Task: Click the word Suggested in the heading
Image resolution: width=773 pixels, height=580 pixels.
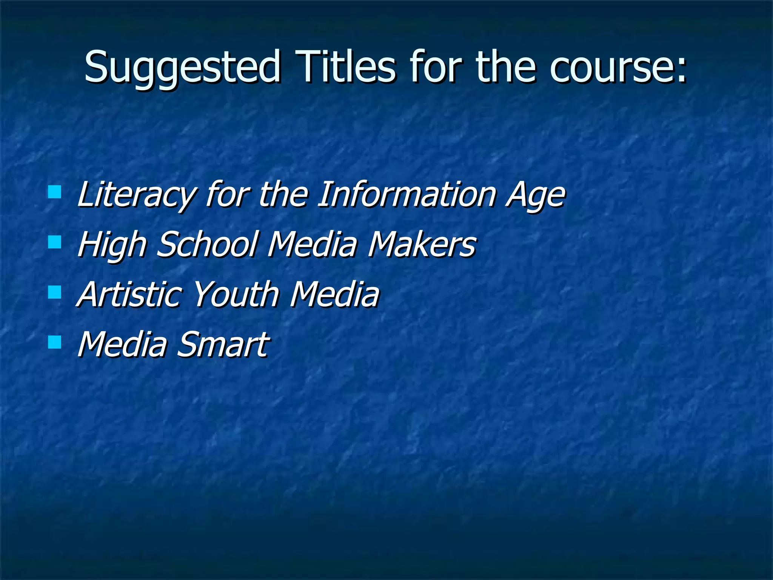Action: [x=182, y=68]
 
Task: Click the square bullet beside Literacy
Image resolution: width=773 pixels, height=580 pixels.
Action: [x=55, y=192]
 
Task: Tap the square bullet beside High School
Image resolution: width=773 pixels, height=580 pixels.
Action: [x=55, y=242]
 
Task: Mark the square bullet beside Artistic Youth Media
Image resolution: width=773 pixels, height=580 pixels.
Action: [x=55, y=292]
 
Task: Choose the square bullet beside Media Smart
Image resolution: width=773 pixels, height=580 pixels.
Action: [x=55, y=342]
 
